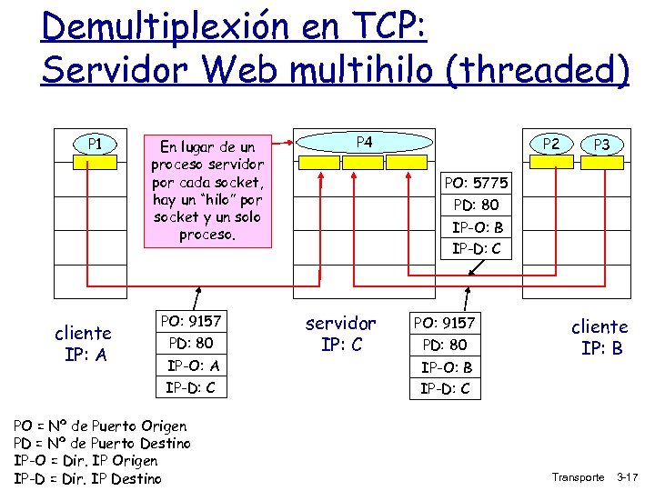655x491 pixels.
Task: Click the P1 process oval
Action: (x=94, y=144)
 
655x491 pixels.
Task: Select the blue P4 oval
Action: (x=363, y=143)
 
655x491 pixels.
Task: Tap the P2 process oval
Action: (x=550, y=144)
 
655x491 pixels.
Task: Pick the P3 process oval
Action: (x=601, y=145)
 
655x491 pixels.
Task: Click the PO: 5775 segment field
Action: (x=476, y=184)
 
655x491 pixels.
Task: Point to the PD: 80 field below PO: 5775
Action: (x=476, y=205)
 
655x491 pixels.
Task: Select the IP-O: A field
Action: (x=192, y=366)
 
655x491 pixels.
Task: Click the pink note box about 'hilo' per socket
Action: (x=207, y=190)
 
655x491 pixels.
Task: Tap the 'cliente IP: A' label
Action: (x=83, y=343)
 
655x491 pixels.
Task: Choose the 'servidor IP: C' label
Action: (x=340, y=334)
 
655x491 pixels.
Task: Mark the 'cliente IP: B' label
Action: (x=600, y=336)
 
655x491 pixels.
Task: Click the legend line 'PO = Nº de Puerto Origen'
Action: (x=101, y=426)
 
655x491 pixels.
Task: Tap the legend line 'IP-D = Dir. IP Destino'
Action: (x=88, y=478)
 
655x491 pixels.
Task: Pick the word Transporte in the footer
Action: (x=578, y=477)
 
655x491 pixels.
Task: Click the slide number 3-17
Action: (x=628, y=477)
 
